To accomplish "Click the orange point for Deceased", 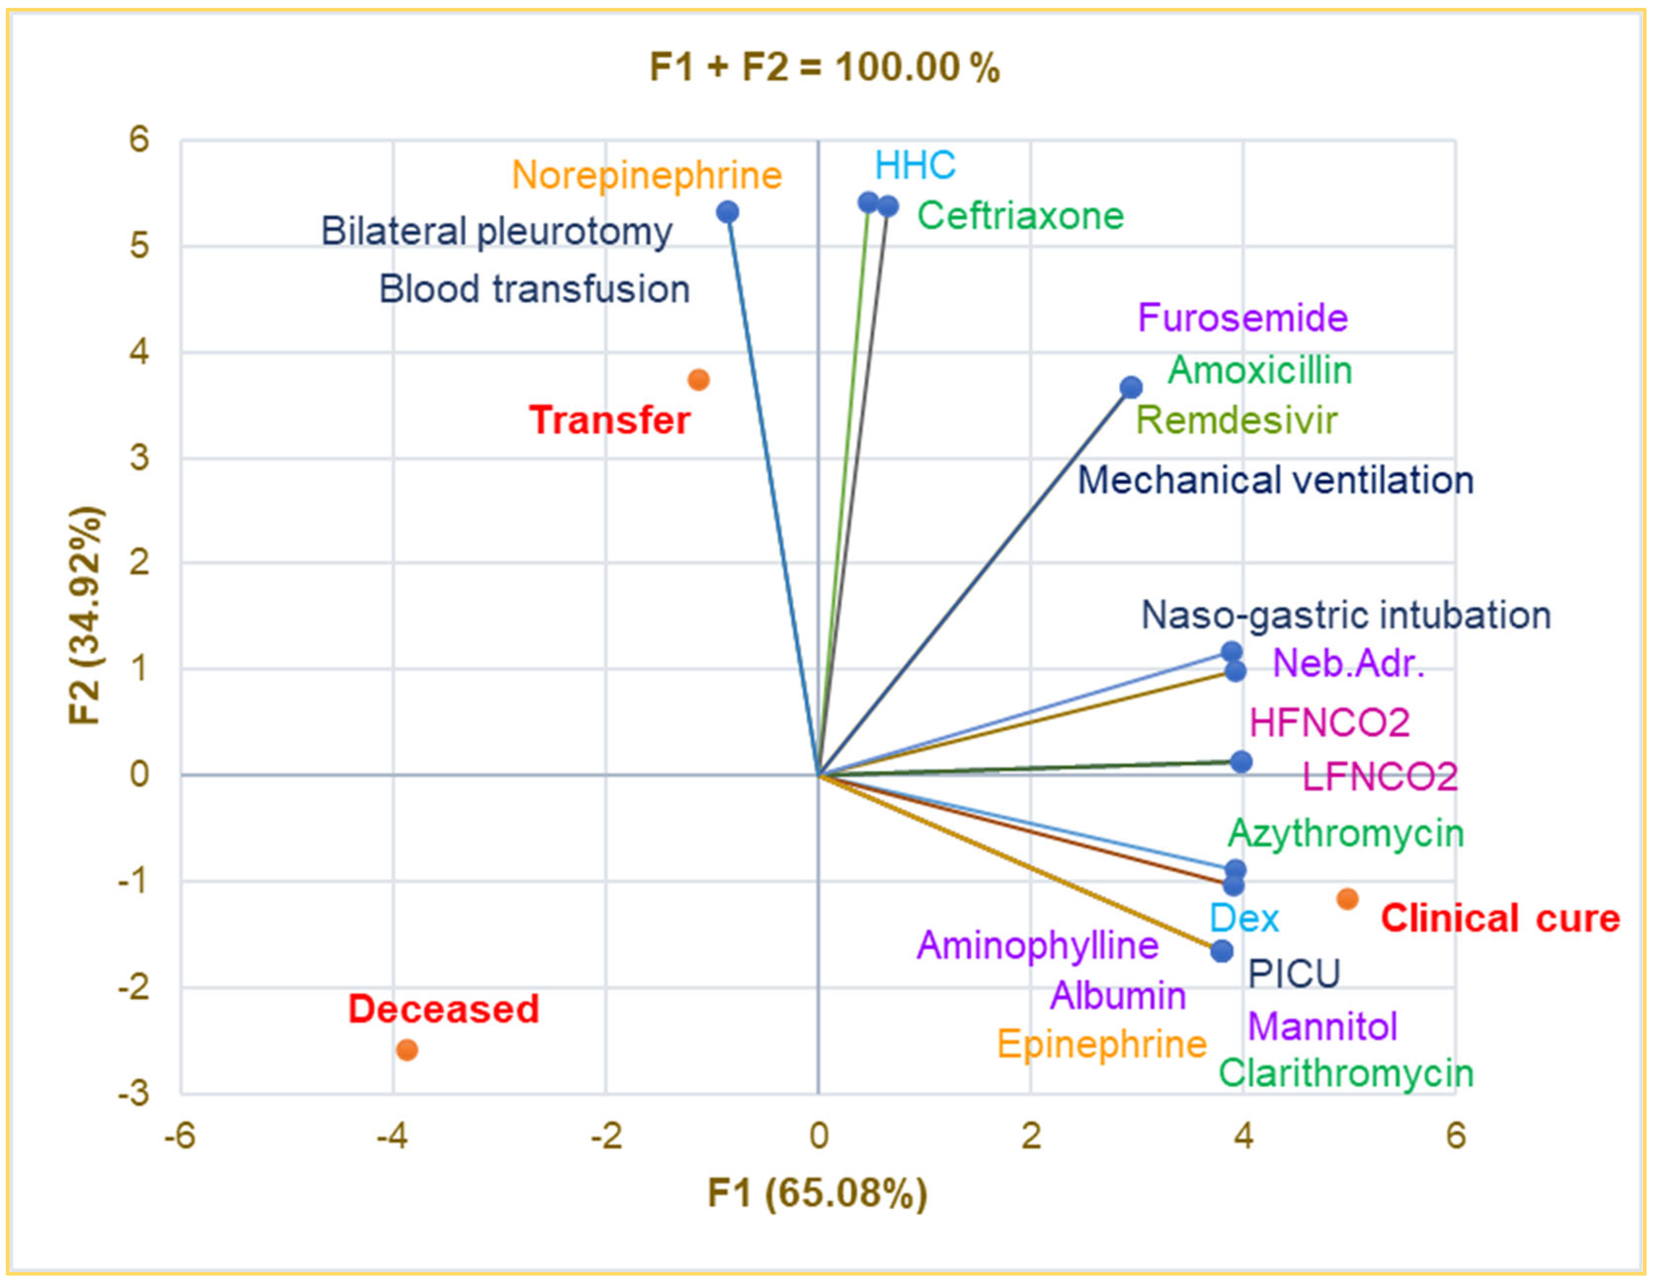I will click(x=407, y=1049).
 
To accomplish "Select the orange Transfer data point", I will click(x=699, y=380).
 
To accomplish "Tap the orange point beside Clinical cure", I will click(x=1347, y=899).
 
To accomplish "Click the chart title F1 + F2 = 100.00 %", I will click(x=824, y=67).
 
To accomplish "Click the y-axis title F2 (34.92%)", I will click(x=85, y=615).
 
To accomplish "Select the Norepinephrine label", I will click(x=646, y=175).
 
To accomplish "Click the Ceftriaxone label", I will click(x=1020, y=216).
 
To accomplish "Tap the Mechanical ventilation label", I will click(x=1275, y=480).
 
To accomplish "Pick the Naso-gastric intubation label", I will click(x=1346, y=615).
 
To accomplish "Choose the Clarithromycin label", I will click(x=1346, y=1073).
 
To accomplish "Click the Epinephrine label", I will click(x=1101, y=1044).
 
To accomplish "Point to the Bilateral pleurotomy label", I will click(x=496, y=231).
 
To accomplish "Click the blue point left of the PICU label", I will click(x=1221, y=951).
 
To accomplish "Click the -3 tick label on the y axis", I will click(x=133, y=1093).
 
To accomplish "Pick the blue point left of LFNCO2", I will click(x=1241, y=762).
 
